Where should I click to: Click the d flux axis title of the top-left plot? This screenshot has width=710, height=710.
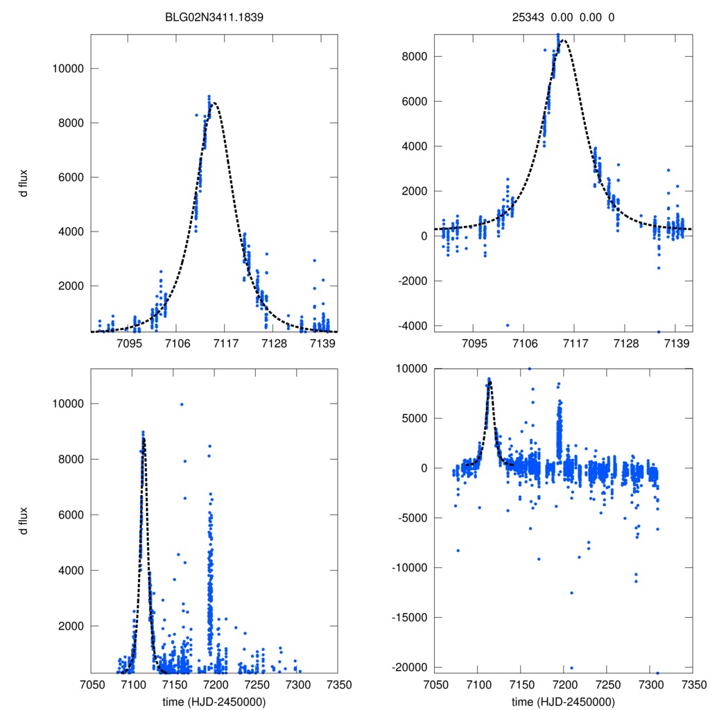[24, 186]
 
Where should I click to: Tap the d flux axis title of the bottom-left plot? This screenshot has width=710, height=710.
[24, 521]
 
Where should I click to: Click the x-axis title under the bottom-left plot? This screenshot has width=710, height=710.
[214, 702]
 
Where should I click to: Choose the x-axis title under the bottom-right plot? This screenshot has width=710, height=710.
[563, 702]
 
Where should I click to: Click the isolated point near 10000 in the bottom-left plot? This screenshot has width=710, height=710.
[182, 404]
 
